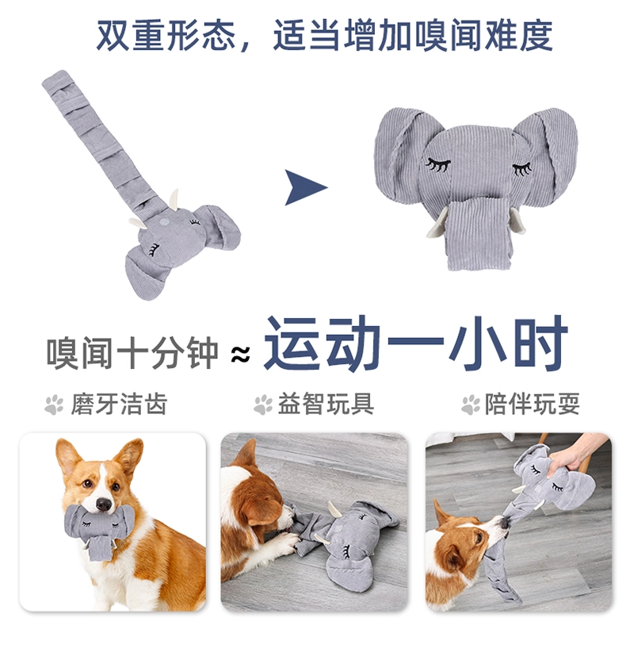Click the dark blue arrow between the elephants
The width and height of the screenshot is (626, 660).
point(303,187)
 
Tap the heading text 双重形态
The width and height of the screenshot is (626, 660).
point(166,35)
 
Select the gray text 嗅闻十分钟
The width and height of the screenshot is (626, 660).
point(132,352)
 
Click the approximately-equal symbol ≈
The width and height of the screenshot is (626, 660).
point(240,354)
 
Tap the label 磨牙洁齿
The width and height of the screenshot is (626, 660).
point(119,404)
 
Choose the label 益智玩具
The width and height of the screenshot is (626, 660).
point(326,404)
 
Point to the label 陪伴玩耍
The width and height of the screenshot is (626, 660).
point(532,404)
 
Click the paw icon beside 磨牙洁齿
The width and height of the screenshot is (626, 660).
point(54,405)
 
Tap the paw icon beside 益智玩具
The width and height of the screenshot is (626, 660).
point(263,405)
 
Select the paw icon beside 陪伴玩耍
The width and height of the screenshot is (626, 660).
point(471,405)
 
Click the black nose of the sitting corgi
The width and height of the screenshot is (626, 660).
point(103,504)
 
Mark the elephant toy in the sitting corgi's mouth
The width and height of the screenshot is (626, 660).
point(100,531)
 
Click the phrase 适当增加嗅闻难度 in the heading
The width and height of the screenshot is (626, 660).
point(414,35)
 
